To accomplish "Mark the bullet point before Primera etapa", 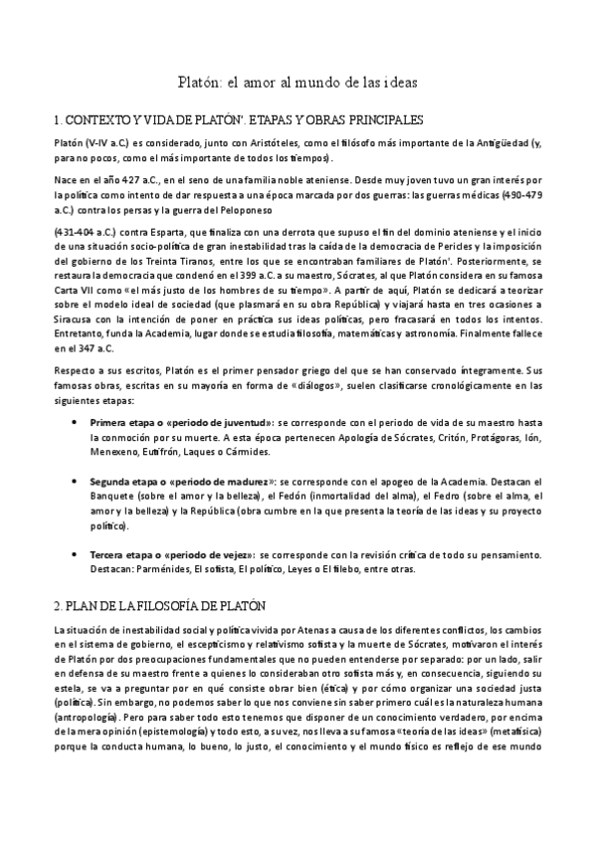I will coord(77,423).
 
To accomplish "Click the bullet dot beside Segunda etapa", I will coord(77,479).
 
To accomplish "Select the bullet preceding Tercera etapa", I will coord(77,554).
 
